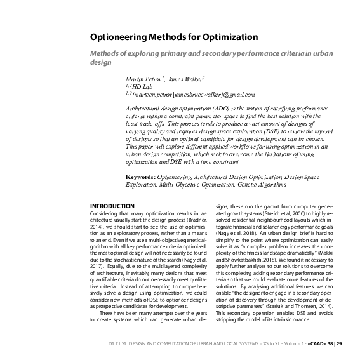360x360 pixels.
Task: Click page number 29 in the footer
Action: coord(340,343)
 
